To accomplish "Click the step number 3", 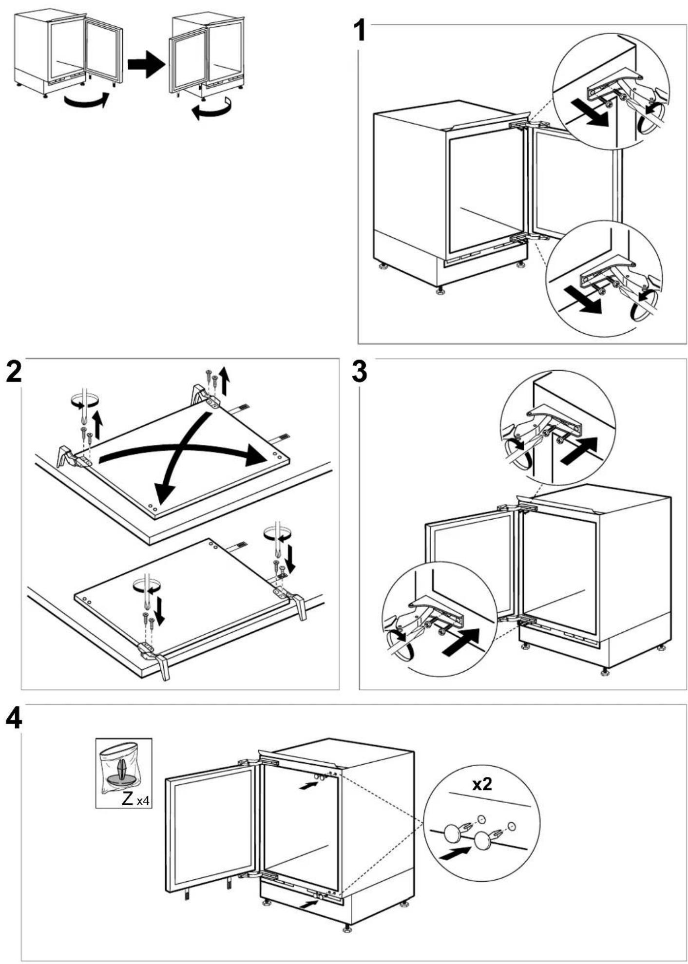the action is [360, 371].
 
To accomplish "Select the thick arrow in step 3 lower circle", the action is [461, 643].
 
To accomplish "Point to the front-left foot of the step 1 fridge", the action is [441, 291].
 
